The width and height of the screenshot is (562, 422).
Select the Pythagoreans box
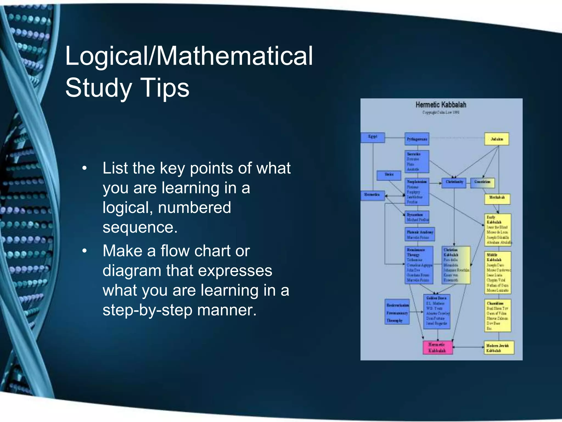pos(417,139)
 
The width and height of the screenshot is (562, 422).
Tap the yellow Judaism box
pos(497,139)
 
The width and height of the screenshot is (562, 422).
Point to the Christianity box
pos(454,182)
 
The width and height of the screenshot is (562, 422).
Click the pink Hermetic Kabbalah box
pos(437,348)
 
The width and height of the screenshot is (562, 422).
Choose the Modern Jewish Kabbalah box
pos(499,348)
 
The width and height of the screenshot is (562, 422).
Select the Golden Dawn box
pos(437,311)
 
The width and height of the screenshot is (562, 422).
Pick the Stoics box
pos(389,175)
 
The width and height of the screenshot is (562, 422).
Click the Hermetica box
pos(372,195)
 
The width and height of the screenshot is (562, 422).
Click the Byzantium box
pos(417,217)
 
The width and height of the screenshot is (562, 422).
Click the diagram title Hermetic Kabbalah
pos(441,105)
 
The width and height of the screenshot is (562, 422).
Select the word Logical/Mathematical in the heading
pos(189,56)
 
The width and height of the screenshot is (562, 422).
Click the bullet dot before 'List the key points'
pos(85,168)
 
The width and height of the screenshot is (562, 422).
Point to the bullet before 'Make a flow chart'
pos(85,251)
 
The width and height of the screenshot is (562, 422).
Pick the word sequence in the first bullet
pos(140,227)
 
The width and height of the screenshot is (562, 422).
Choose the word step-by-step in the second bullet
pos(147,310)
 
